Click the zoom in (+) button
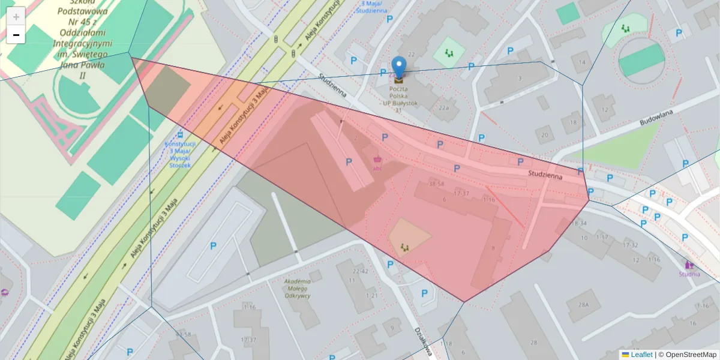pyautogui.click(x=16, y=16)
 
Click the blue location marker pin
pyautogui.click(x=398, y=67)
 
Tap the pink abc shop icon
pyautogui.click(x=377, y=160)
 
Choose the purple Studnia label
pyautogui.click(x=689, y=274)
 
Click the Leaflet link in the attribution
pyautogui.click(x=641, y=355)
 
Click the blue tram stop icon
pyautogui.click(x=181, y=135)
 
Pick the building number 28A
pyautogui.click(x=584, y=304)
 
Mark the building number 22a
pyautogui.click(x=443, y=108)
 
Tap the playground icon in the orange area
pyautogui.click(x=404, y=246)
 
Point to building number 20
pyautogui.click(x=544, y=135)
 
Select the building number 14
pyautogui.click(x=580, y=62)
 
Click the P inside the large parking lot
pyautogui.click(x=213, y=246)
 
